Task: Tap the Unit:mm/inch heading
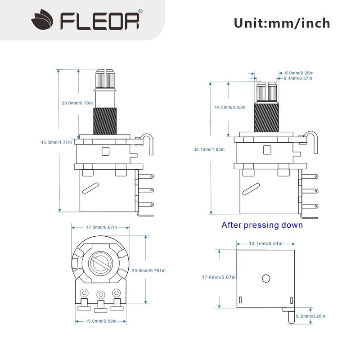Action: pos(282,22)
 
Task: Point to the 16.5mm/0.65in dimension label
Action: pos(230,108)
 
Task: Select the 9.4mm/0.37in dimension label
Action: pos(297,78)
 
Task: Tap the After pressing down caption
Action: pos(262,225)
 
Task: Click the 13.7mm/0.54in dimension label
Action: pos(265,243)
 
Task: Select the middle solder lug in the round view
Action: pos(100,295)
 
